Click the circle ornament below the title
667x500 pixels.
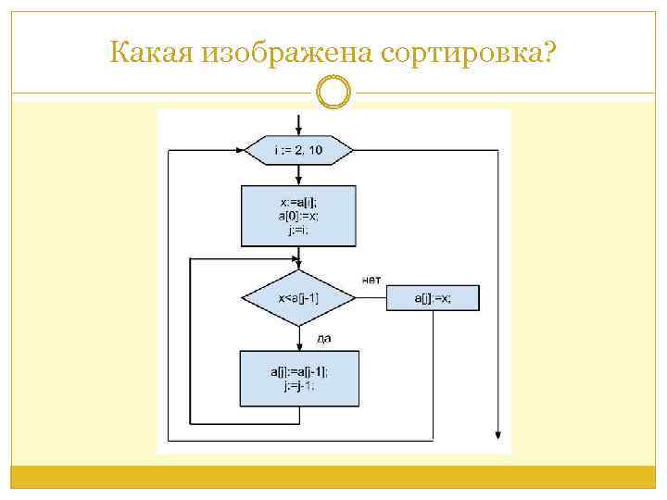333,93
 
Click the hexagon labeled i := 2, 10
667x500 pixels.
298,149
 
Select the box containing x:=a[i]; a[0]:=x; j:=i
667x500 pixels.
298,216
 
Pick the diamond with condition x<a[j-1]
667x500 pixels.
298,298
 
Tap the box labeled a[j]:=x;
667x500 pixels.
433,298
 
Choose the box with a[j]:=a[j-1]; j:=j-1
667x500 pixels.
298,378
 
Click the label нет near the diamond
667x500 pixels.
371,280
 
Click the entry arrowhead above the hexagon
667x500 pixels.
298,131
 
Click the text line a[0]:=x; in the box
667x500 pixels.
298,215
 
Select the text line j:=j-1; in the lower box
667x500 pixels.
298,386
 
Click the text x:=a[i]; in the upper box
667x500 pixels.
298,201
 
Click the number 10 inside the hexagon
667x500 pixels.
315,149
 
